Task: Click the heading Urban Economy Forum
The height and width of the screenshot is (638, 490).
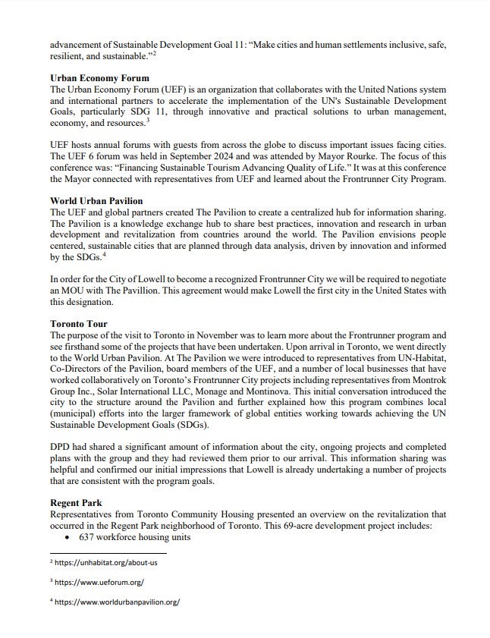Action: pos(99,78)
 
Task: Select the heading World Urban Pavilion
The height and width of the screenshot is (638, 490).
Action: pos(96,201)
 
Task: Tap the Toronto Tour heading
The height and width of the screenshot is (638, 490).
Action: pos(78,323)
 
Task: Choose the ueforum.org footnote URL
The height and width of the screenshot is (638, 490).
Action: pos(99,583)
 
